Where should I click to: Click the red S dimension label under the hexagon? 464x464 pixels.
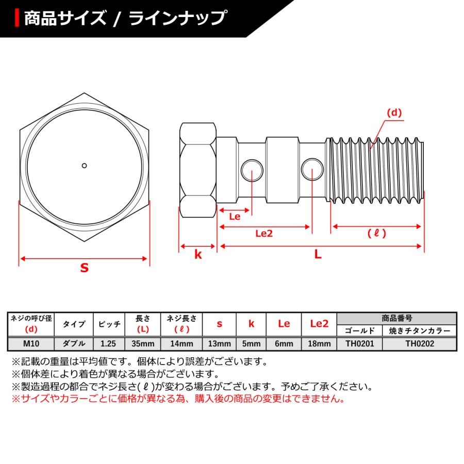[x=84, y=268]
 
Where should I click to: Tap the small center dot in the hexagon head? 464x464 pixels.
[x=85, y=165]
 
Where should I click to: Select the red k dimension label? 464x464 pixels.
[x=197, y=254]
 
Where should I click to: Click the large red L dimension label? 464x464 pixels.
[x=318, y=254]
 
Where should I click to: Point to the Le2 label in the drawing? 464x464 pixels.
[x=263, y=234]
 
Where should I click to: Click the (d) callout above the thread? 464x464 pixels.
[x=394, y=112]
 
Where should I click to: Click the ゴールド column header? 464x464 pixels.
[x=359, y=331]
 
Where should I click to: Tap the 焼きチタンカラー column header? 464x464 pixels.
[x=419, y=331]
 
